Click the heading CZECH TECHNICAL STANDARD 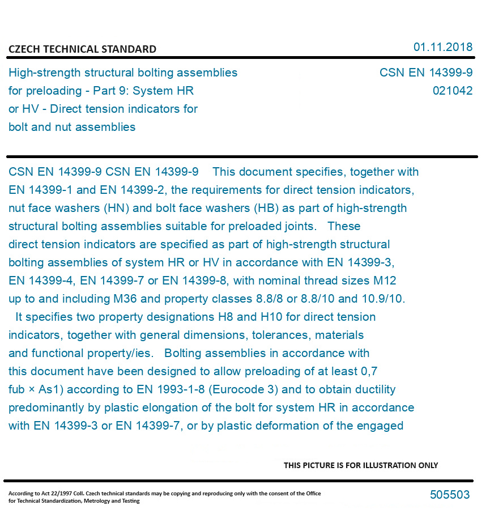[82, 49]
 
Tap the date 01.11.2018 [442, 47]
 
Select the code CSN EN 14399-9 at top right [425, 73]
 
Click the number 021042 [452, 91]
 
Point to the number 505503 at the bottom [450, 495]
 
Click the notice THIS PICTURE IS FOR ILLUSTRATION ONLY [361, 465]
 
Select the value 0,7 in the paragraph [369, 371]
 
